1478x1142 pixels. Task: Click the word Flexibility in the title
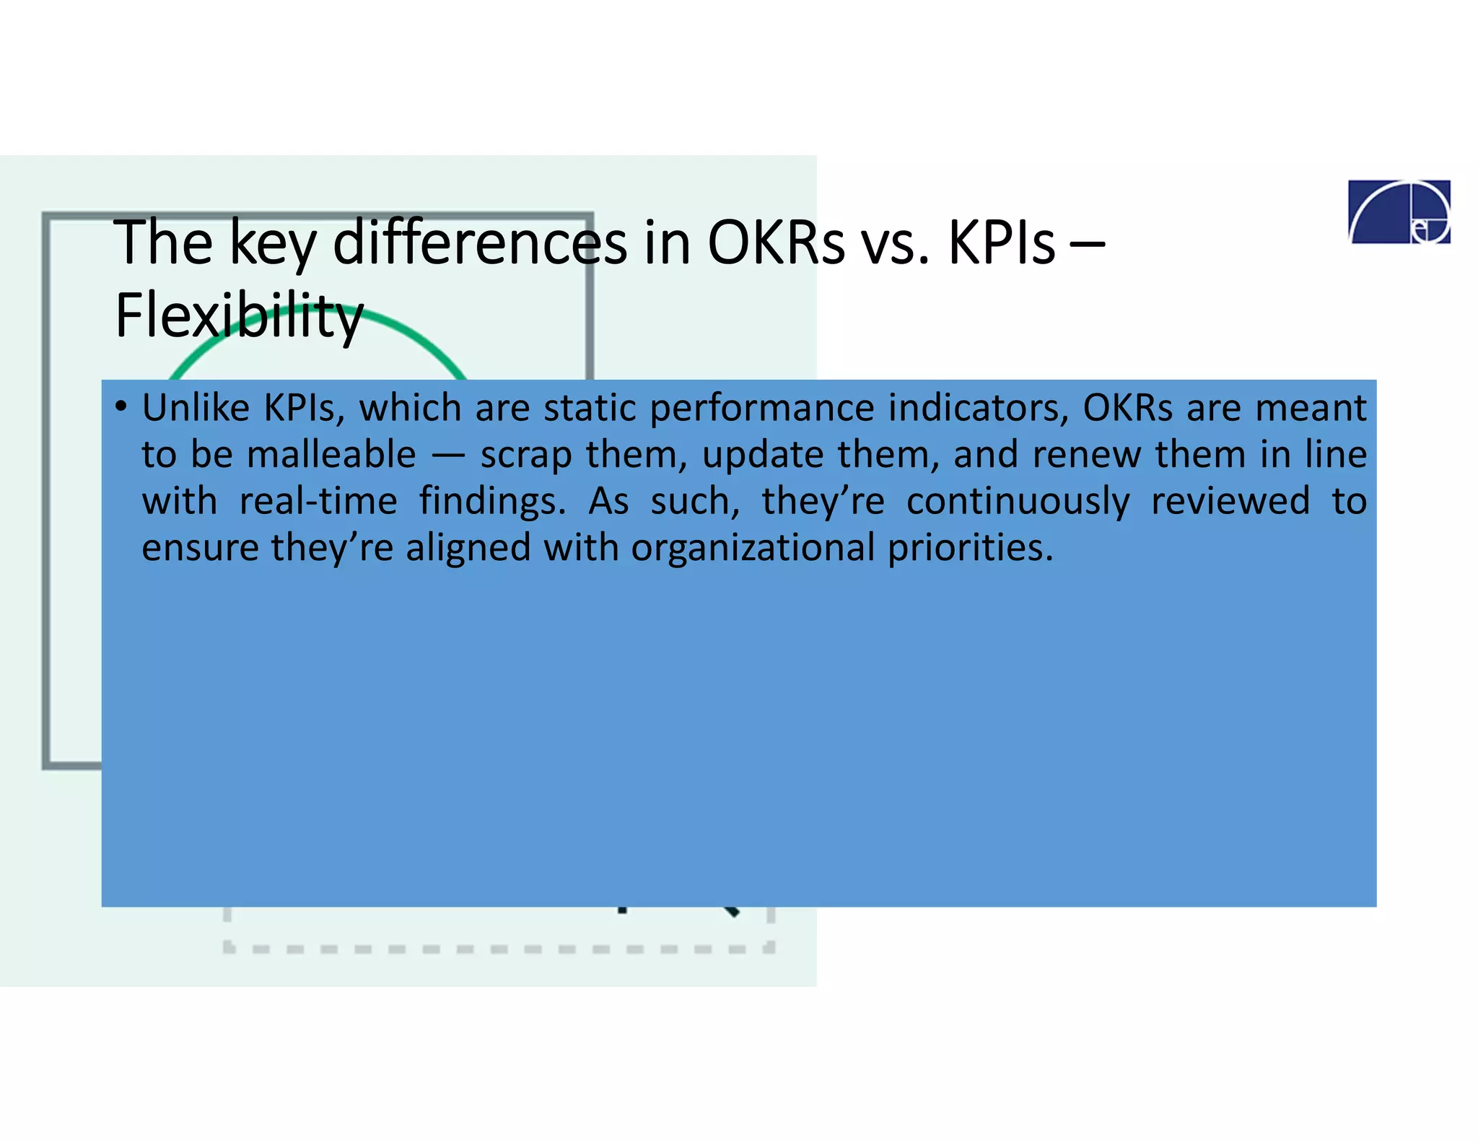(x=238, y=316)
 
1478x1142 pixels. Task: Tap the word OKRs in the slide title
(x=775, y=243)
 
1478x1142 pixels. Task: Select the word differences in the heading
(x=479, y=243)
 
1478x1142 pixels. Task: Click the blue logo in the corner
(x=1399, y=212)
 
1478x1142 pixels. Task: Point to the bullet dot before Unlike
(x=121, y=406)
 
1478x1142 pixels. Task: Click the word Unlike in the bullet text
(x=196, y=408)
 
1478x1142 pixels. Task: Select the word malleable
(x=331, y=455)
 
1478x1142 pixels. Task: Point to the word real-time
(x=318, y=501)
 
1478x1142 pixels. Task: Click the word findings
(x=492, y=502)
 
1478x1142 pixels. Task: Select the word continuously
(x=1018, y=502)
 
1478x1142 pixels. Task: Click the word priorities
(x=970, y=549)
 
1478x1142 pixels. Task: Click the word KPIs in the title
(x=1001, y=243)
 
